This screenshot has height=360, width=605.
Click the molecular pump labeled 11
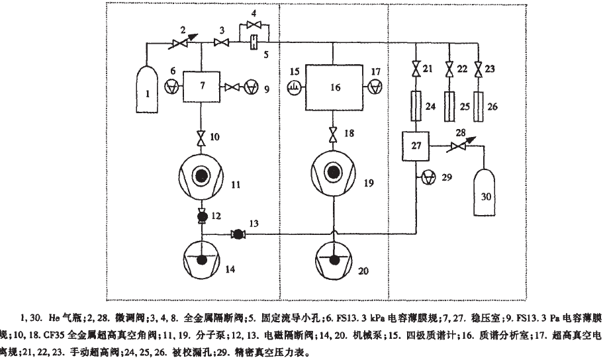click(x=201, y=177)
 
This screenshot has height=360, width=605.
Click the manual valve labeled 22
click(x=450, y=69)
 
